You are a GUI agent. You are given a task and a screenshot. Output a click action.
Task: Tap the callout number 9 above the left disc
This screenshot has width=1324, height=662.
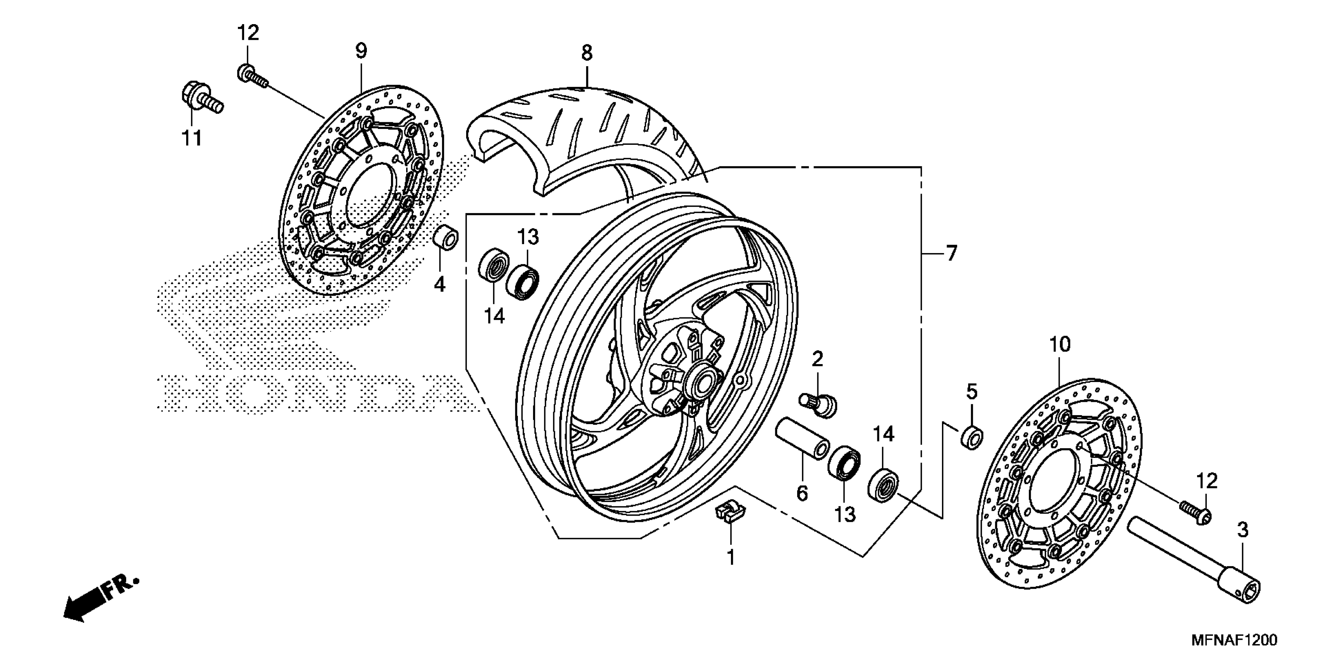click(x=361, y=51)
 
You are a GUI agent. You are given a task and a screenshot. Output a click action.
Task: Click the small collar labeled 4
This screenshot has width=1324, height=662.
click(x=445, y=238)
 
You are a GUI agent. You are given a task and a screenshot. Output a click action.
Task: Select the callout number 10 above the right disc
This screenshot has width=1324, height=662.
click(x=1059, y=344)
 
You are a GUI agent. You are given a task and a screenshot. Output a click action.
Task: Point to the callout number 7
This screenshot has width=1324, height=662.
click(x=951, y=254)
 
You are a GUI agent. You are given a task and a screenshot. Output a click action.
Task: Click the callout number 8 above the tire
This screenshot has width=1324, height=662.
click(x=587, y=53)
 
